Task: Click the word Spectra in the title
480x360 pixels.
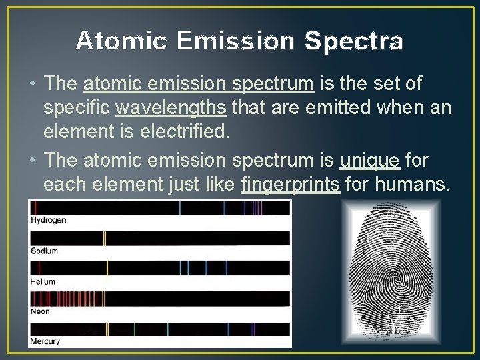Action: pyautogui.click(x=354, y=41)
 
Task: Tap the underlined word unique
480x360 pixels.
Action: pyautogui.click(x=369, y=160)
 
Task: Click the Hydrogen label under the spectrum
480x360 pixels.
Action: pyautogui.click(x=49, y=220)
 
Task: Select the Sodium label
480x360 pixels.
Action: pyautogui.click(x=45, y=251)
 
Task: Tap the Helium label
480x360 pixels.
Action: pyautogui.click(x=43, y=281)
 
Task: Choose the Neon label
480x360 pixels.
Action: pyautogui.click(x=40, y=311)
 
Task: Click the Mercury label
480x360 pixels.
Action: pyautogui.click(x=45, y=341)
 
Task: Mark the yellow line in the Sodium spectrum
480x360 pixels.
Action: pyautogui.click(x=104, y=238)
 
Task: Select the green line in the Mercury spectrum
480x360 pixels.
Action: pyautogui.click(x=135, y=329)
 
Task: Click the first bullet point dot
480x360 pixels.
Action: pyautogui.click(x=34, y=85)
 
